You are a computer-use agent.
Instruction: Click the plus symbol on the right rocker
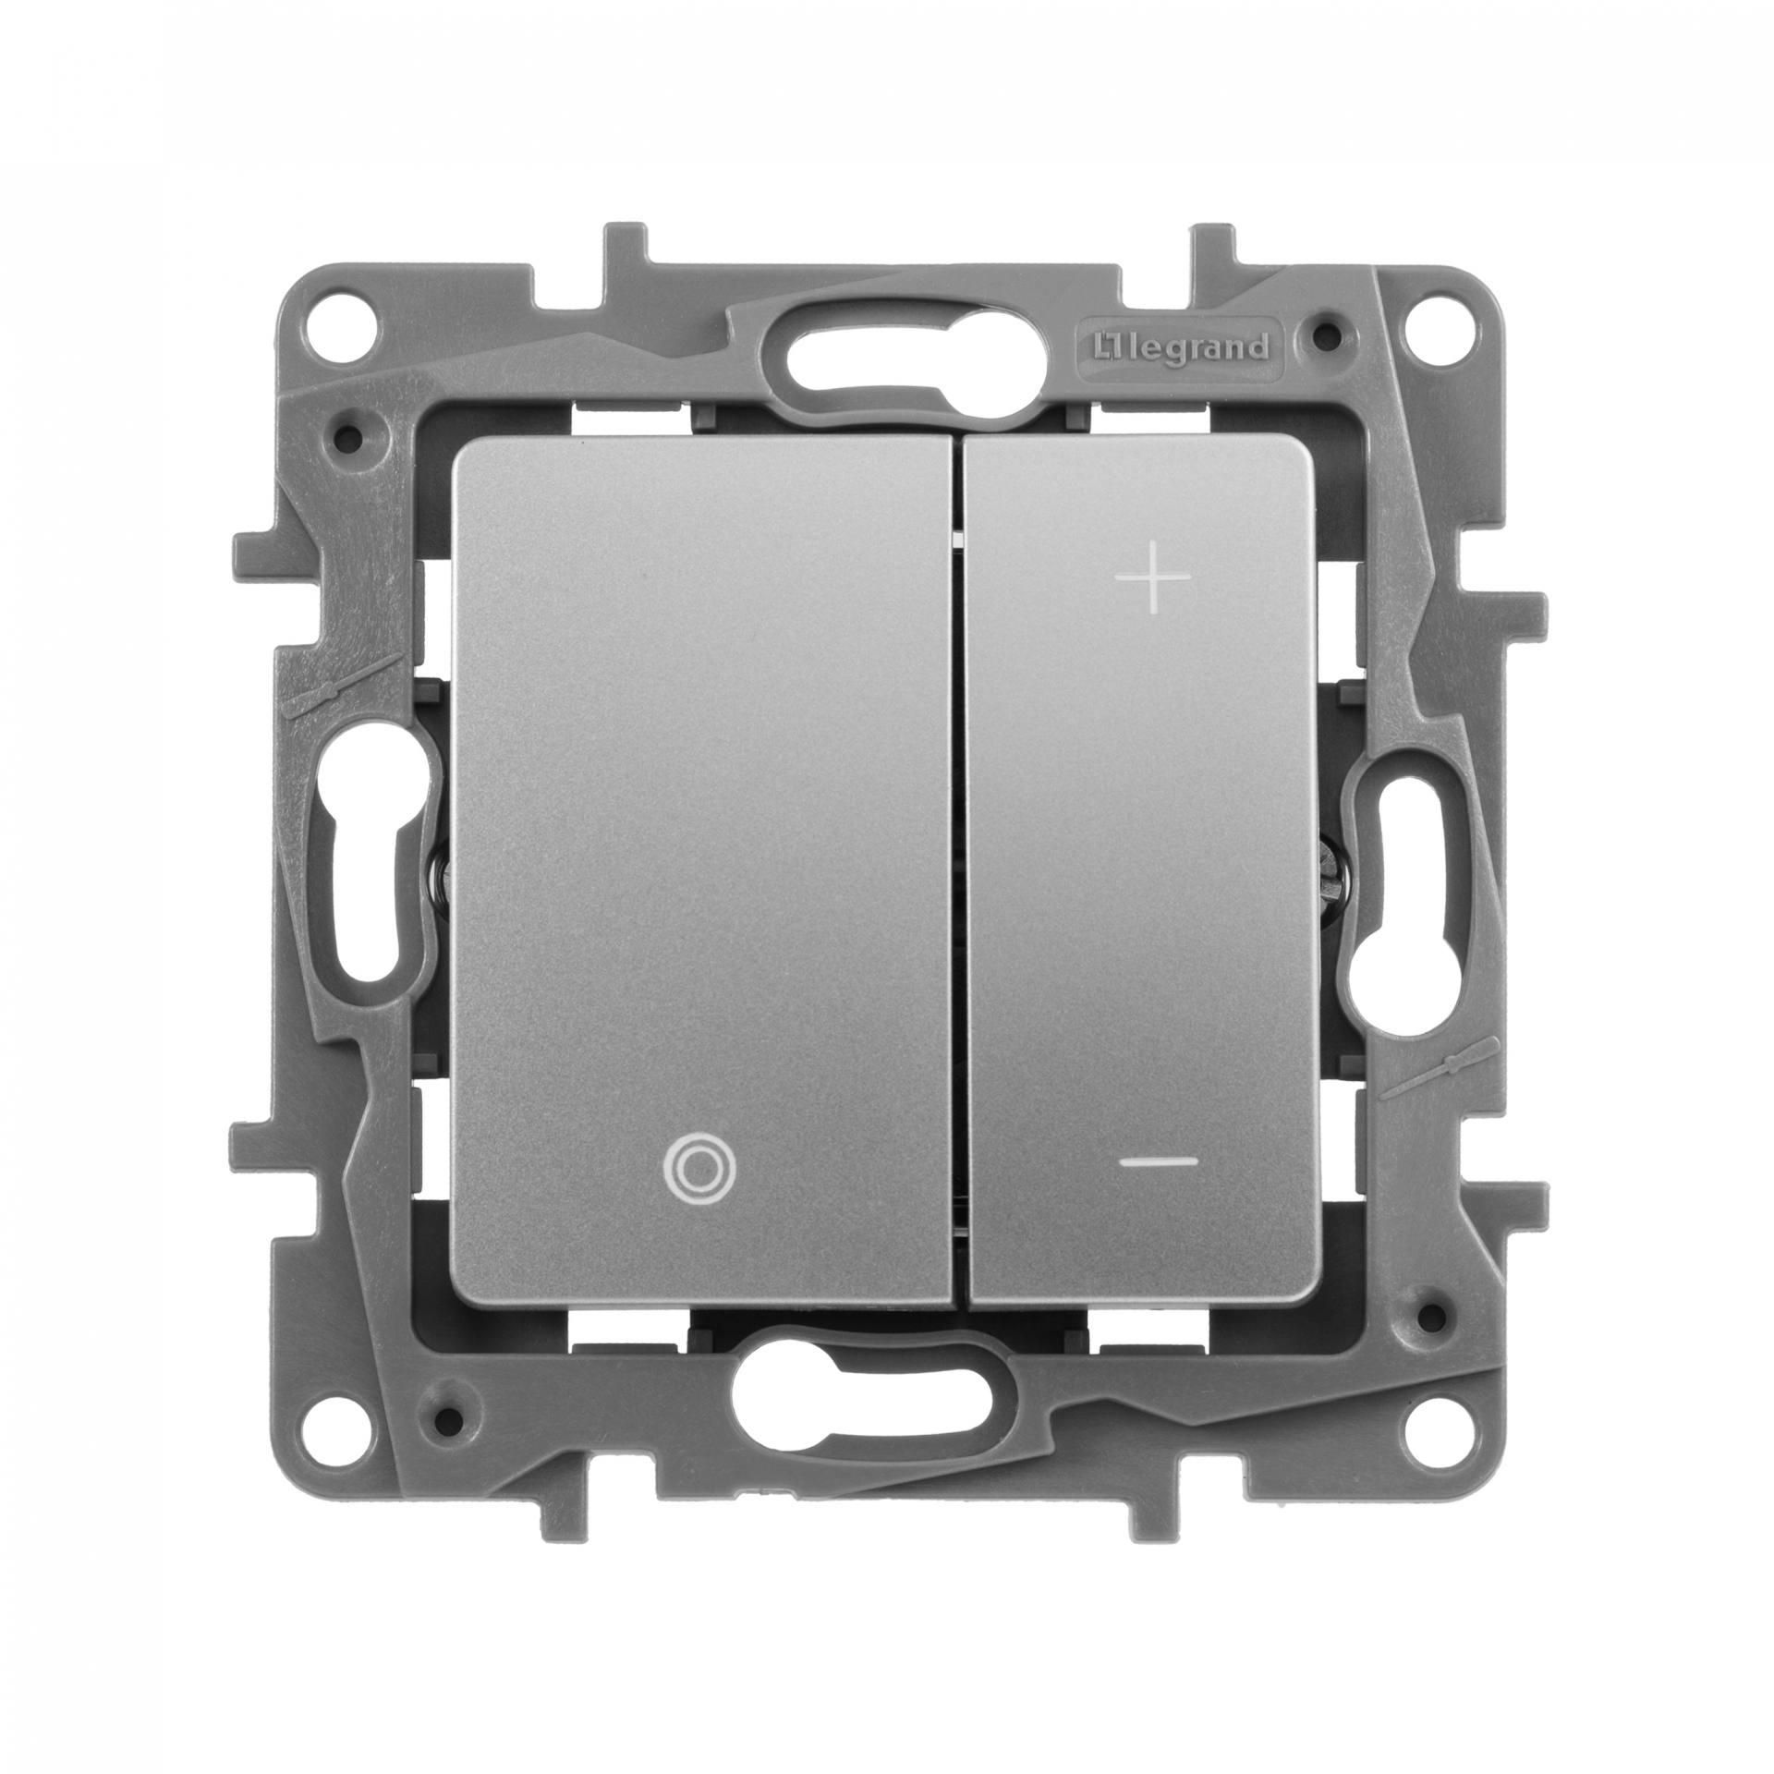(1153, 577)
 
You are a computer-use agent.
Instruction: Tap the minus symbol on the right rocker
(1164, 1162)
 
